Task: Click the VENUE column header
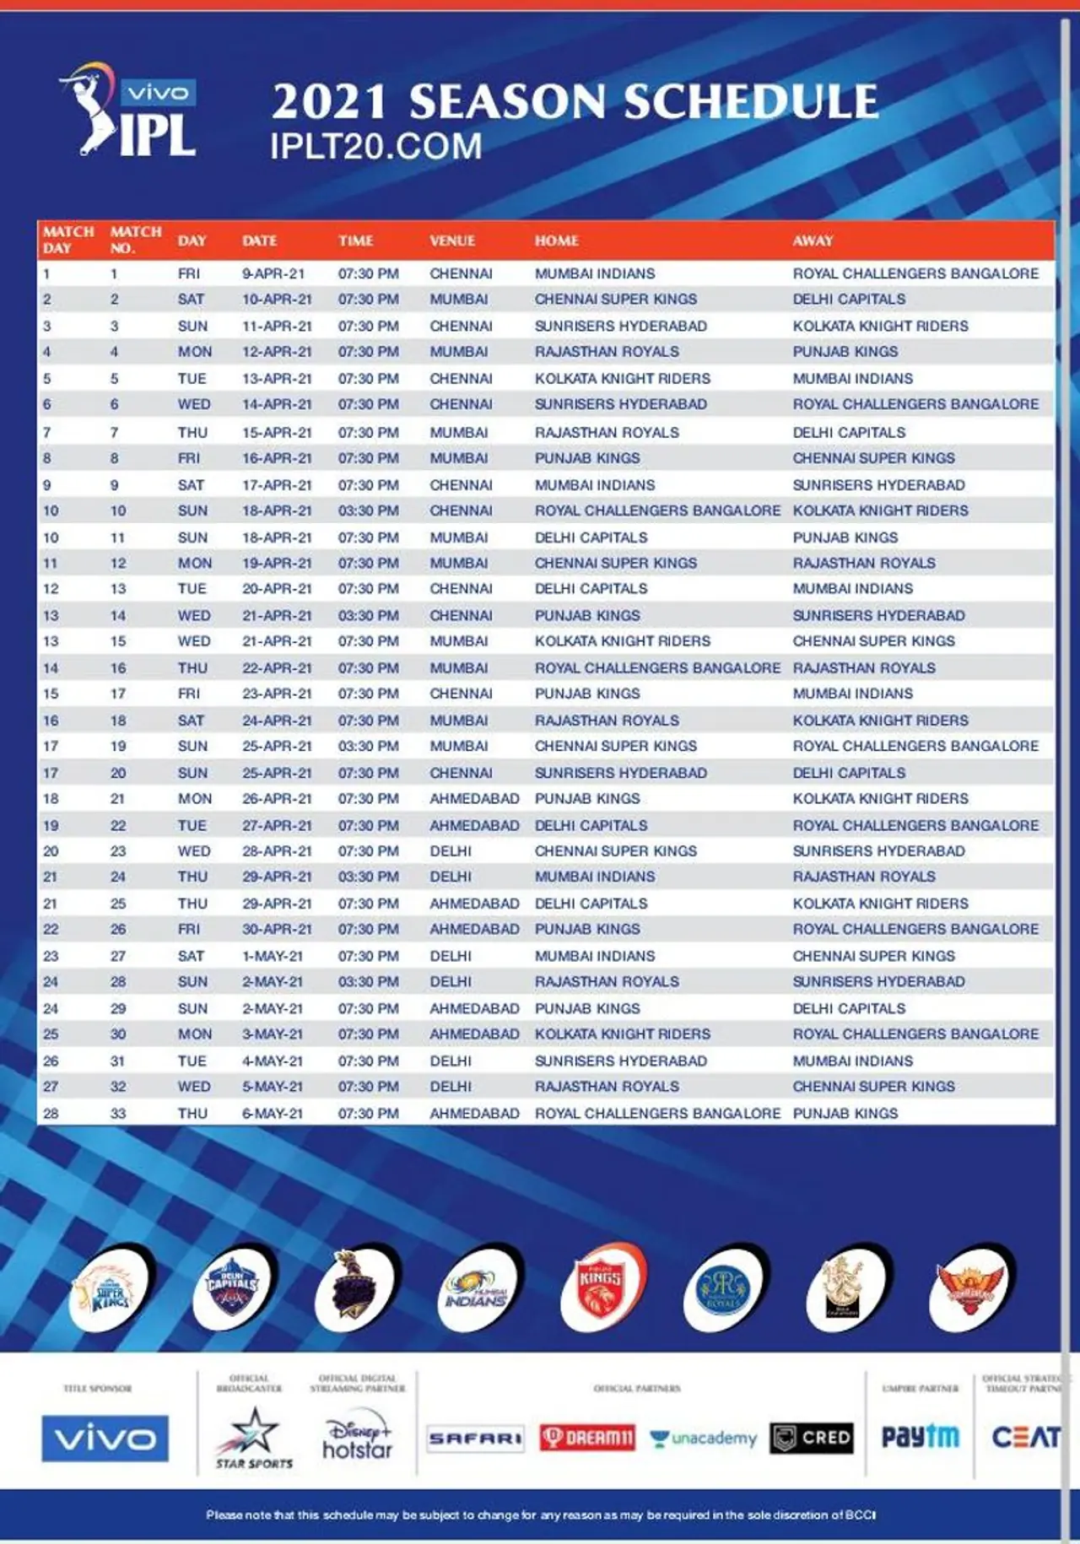452,240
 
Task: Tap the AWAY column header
813,240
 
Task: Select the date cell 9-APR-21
273,273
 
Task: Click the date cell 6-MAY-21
273,1114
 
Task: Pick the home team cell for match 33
657,1114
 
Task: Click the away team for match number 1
915,273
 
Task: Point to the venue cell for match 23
451,851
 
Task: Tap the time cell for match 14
369,616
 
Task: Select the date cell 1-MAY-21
273,956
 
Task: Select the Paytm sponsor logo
920,1437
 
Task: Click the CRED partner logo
812,1438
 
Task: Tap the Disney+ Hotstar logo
358,1438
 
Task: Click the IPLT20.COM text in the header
376,147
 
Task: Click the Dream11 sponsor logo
587,1438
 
